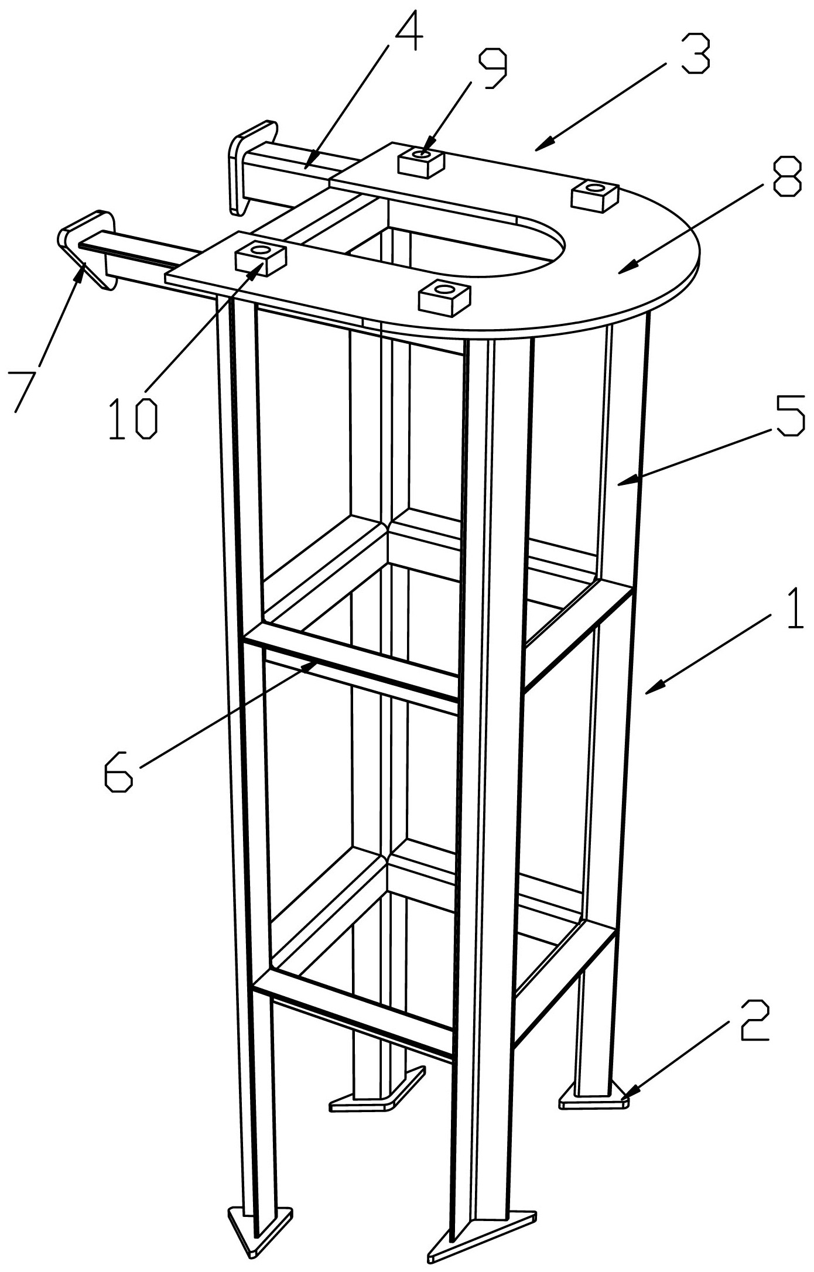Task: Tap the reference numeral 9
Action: coord(492,68)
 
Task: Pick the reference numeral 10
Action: coord(134,419)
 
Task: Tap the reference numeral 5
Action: coord(790,413)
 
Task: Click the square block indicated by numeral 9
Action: coord(420,160)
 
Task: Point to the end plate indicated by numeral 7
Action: coord(88,248)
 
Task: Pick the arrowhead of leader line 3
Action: coord(542,145)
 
